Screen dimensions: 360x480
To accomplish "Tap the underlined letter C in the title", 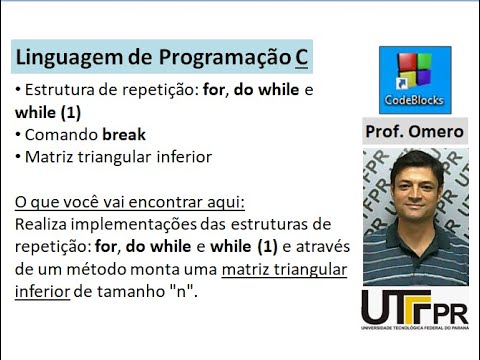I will pos(302,58).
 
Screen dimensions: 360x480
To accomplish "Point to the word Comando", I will pos(62,134).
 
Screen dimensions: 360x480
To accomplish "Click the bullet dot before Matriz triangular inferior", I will pos(19,157).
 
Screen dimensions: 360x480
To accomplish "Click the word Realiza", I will pos(46,224).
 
